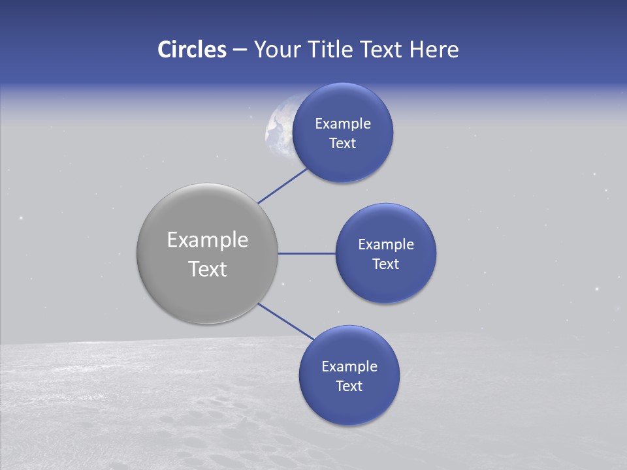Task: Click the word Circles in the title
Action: pyautogui.click(x=191, y=49)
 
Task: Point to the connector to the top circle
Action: pyautogui.click(x=283, y=185)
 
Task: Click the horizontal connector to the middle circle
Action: pyautogui.click(x=306, y=253)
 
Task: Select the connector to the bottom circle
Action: pyautogui.click(x=285, y=321)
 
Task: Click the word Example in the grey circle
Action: pyautogui.click(x=208, y=240)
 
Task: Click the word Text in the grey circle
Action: pyautogui.click(x=208, y=269)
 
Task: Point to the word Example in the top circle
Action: pyautogui.click(x=343, y=123)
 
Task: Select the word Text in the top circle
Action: pyautogui.click(x=343, y=144)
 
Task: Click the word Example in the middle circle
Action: pyautogui.click(x=386, y=245)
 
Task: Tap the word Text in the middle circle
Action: pyautogui.click(x=386, y=264)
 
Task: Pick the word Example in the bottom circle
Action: pyautogui.click(x=349, y=367)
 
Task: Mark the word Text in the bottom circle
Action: pyautogui.click(x=349, y=386)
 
